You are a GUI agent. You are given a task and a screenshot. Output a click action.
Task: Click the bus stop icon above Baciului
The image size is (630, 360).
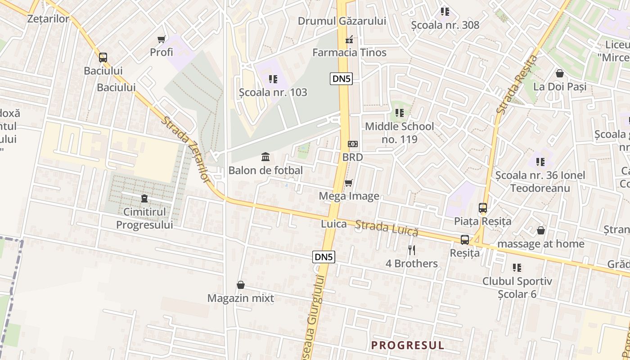coord(103,58)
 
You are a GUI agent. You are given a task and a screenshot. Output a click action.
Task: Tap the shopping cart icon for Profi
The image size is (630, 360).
coord(161,40)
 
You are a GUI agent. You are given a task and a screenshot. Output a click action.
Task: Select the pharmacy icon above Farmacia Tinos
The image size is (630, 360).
coord(349,40)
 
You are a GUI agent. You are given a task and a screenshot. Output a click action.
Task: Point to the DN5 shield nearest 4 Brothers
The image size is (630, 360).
coord(324,257)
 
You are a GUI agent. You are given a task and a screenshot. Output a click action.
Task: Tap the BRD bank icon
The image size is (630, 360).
coord(352,144)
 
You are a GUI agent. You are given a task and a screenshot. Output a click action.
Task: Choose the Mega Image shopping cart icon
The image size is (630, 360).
coord(348,183)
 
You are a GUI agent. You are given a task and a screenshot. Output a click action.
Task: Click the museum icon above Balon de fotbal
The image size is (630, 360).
coord(265,157)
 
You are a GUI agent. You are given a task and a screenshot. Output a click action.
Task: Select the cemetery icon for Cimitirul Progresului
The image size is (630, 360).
coord(144,198)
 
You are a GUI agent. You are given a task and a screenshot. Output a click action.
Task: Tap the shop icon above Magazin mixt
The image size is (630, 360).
coord(241,285)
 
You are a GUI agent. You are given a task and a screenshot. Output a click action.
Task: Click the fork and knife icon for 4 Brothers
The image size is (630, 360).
coord(411,250)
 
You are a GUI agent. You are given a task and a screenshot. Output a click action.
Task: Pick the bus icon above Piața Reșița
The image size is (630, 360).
coord(483,208)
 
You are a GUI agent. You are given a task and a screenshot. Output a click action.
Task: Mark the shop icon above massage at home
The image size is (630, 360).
coord(541,230)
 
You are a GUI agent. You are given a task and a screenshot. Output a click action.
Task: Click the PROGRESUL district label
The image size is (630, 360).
coord(407,345)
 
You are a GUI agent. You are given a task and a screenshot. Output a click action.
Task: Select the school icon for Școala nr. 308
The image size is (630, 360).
coord(445,12)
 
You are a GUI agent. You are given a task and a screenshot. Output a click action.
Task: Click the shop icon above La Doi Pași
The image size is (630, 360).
coord(560,73)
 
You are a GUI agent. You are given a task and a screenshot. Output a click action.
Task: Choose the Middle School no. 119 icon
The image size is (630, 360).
coord(399,113)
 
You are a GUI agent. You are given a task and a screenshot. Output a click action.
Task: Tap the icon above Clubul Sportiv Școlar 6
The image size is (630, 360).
coord(517,268)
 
